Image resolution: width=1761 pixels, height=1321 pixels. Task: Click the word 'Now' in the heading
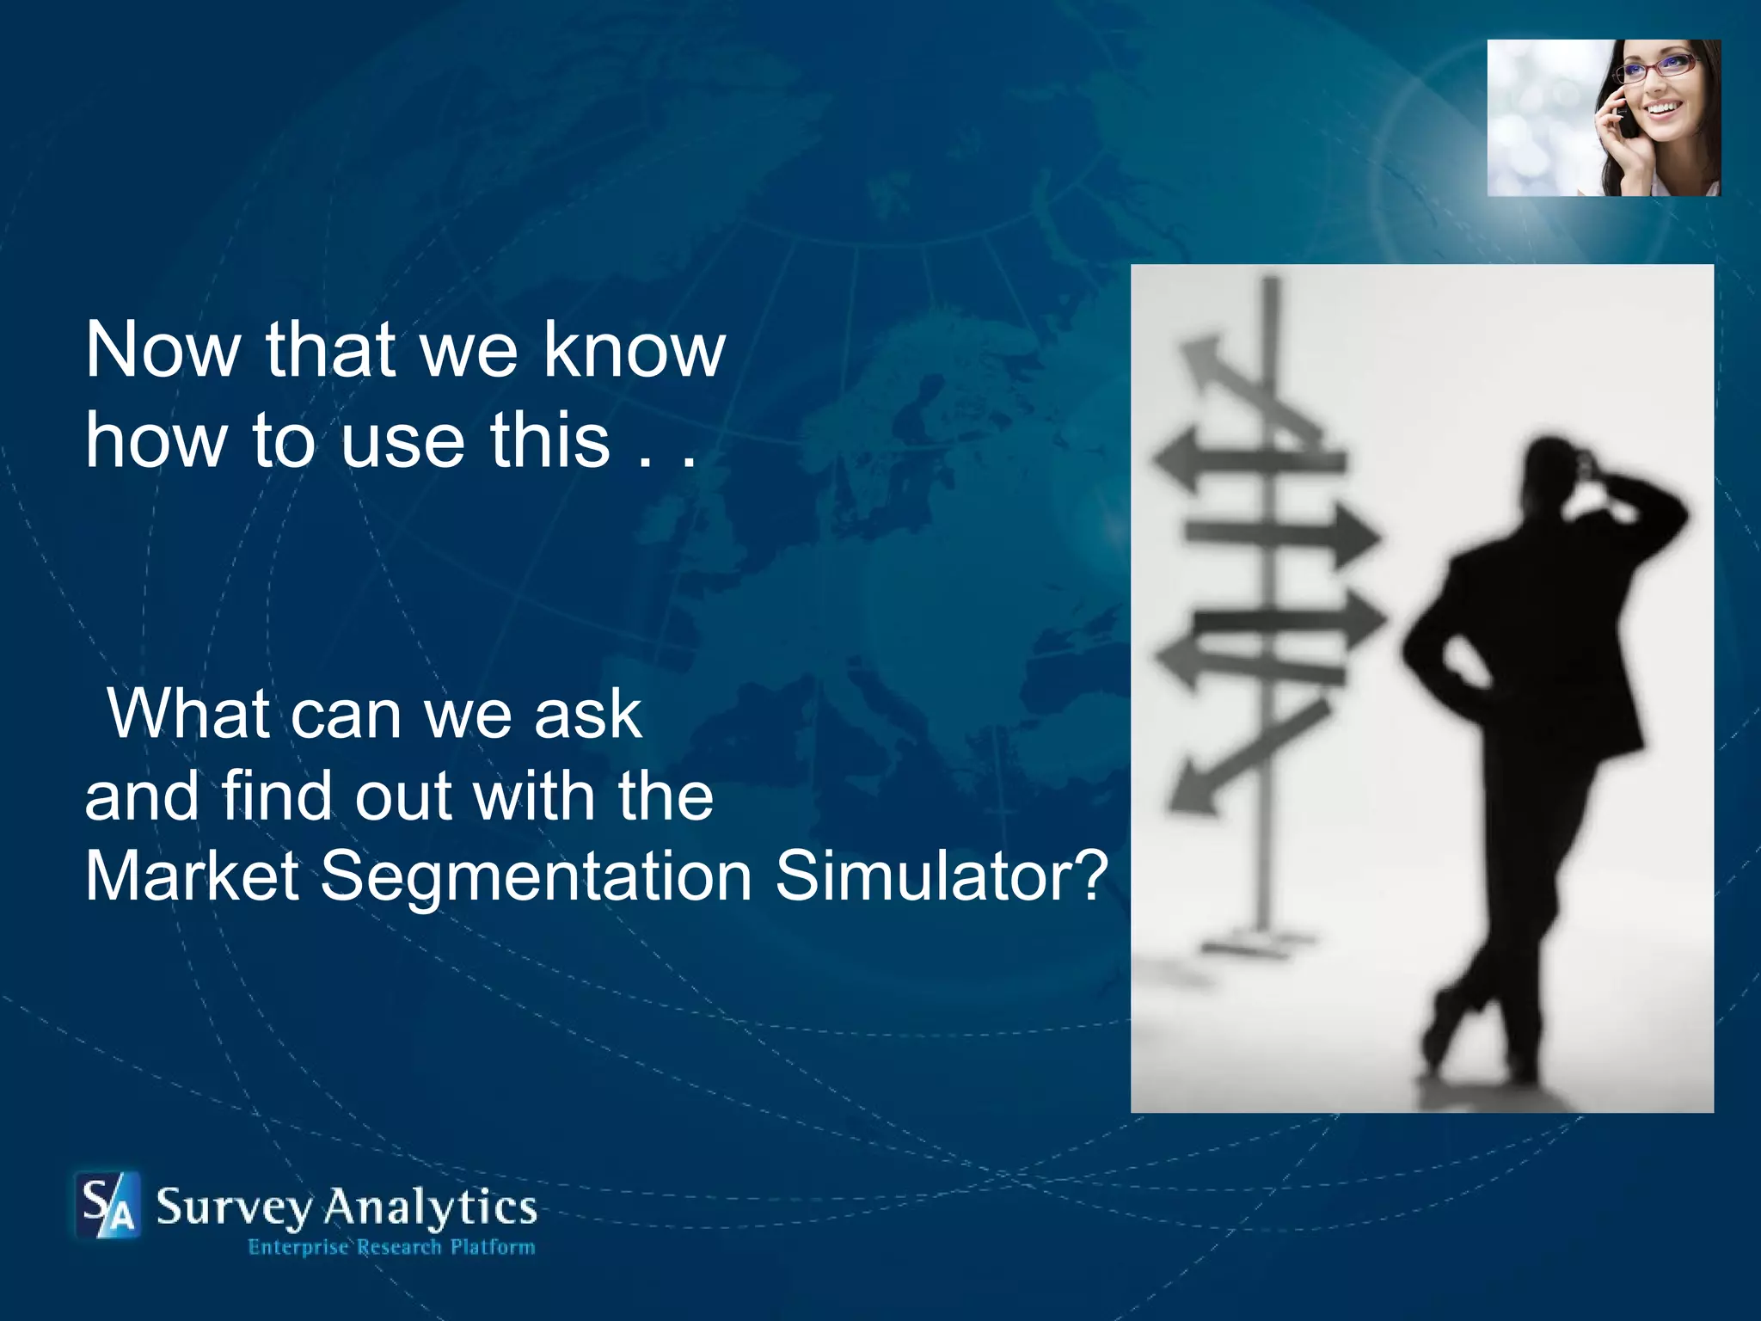coord(163,350)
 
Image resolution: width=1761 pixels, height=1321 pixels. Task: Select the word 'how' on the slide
coord(155,440)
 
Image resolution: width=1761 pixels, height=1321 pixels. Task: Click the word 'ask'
coord(588,714)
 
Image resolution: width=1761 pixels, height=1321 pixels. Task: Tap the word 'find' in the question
coord(275,796)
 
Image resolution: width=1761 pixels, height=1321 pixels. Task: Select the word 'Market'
coord(192,876)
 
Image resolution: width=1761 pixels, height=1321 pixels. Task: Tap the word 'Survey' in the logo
coord(234,1208)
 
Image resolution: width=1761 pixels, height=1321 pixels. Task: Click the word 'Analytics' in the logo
coord(430,1208)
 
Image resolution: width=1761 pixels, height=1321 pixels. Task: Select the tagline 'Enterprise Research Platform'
coord(391,1247)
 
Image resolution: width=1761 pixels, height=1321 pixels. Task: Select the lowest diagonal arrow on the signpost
coord(1247,756)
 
